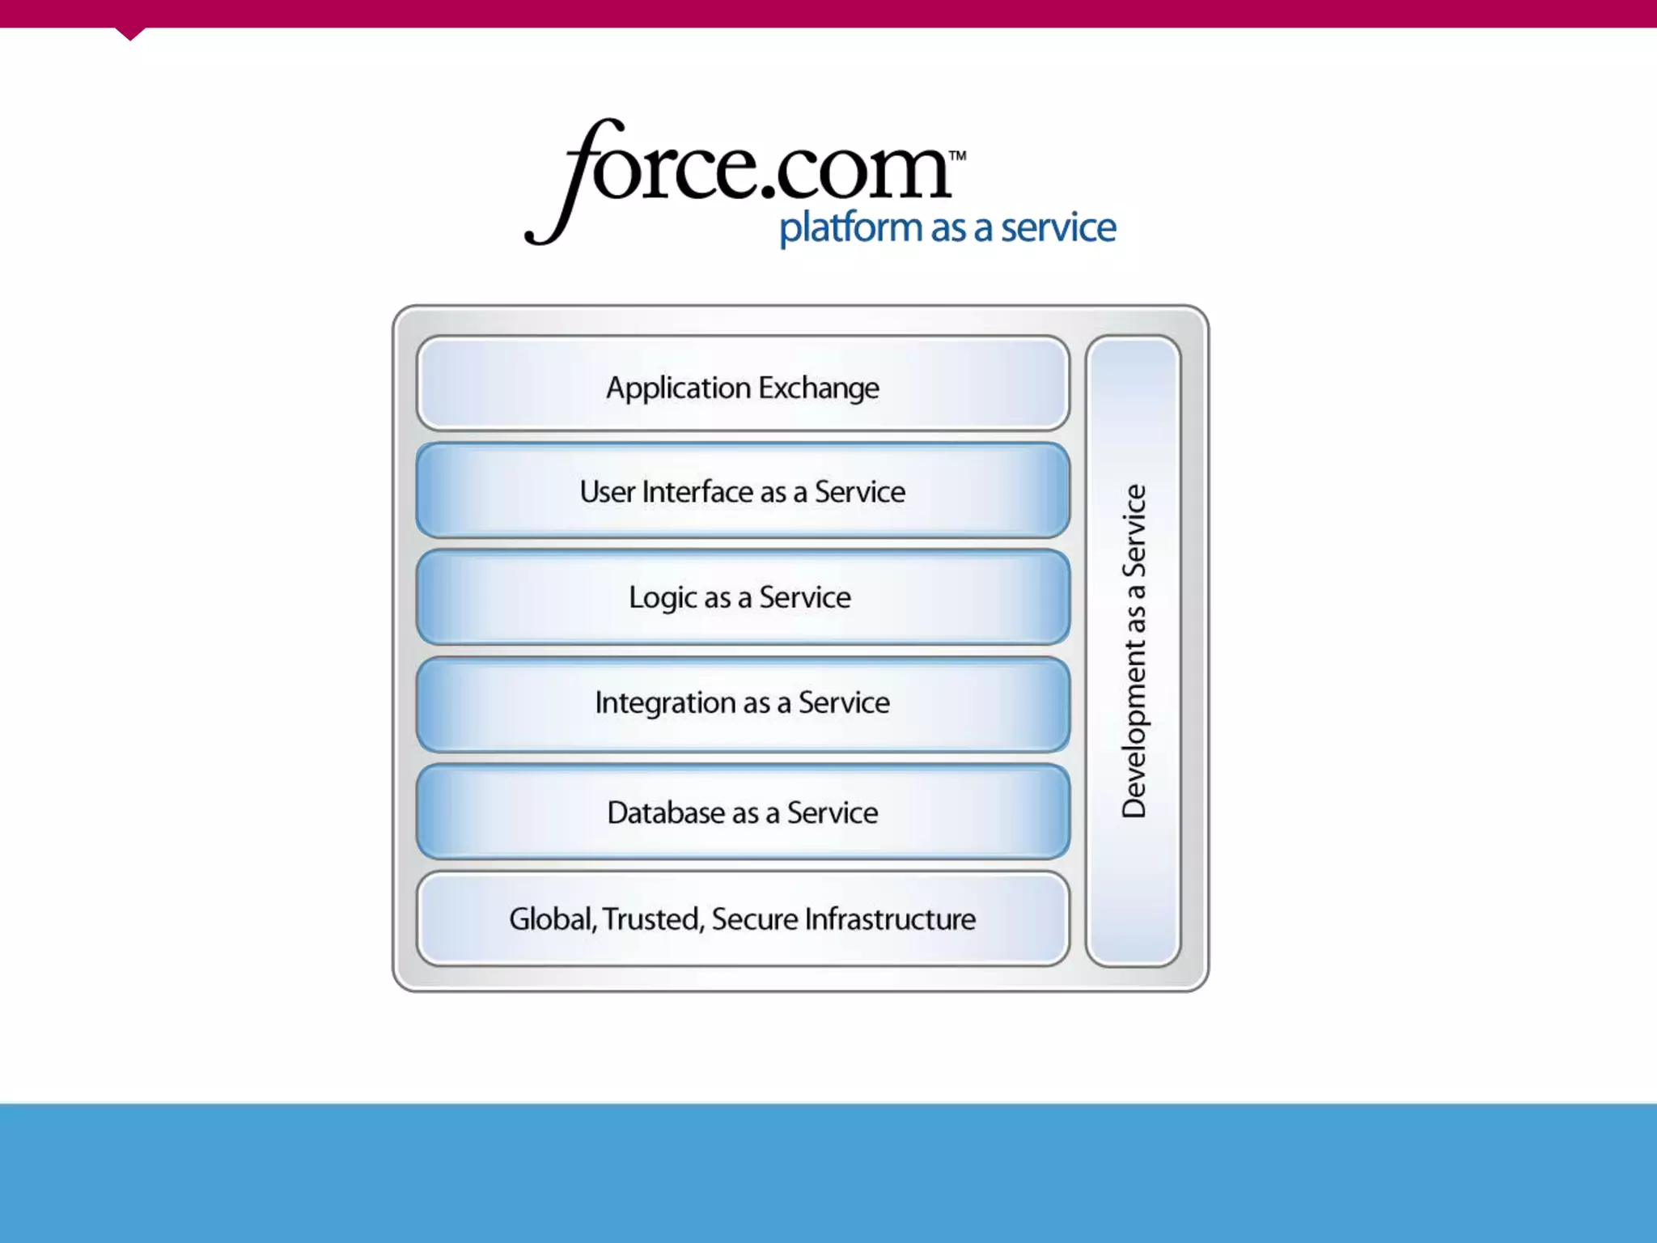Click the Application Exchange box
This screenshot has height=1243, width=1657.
pyautogui.click(x=743, y=384)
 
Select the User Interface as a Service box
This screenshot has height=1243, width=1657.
pyautogui.click(x=743, y=490)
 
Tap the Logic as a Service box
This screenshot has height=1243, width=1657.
pyautogui.click(x=743, y=597)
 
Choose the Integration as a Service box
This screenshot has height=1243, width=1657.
pyautogui.click(x=743, y=704)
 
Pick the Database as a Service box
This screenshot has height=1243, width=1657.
pyautogui.click(x=743, y=812)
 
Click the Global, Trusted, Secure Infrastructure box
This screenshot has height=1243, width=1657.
pyautogui.click(x=743, y=918)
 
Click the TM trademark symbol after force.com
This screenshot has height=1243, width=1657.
pyautogui.click(x=957, y=155)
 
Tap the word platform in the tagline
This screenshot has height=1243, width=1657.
pyautogui.click(x=850, y=228)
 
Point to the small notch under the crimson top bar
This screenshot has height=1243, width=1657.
pyautogui.click(x=129, y=33)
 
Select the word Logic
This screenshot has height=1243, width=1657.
pyautogui.click(x=663, y=598)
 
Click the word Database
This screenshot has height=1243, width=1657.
pyautogui.click(x=666, y=812)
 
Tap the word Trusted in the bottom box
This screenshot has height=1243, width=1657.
pyautogui.click(x=652, y=919)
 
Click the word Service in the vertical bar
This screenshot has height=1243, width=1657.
pyautogui.click(x=1134, y=530)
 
